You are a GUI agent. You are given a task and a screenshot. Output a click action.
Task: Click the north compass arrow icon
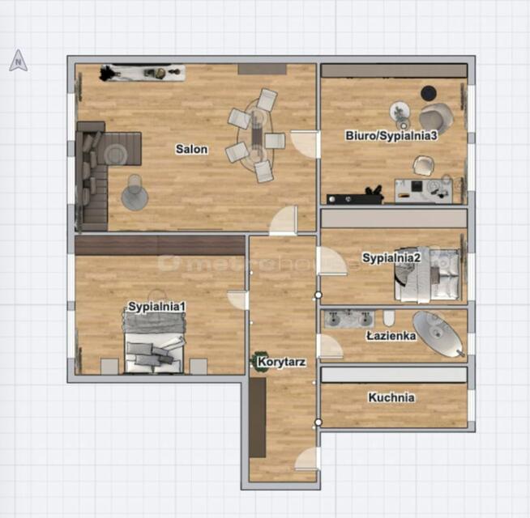pyautogui.click(x=19, y=61)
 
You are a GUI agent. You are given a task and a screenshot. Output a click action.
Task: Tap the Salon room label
pyautogui.click(x=191, y=149)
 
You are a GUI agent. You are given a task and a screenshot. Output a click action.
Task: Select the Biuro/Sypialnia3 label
pyautogui.click(x=391, y=135)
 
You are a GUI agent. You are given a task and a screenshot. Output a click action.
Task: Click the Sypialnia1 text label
pyautogui.click(x=157, y=307)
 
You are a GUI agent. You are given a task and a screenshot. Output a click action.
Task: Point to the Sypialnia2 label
pyautogui.click(x=391, y=257)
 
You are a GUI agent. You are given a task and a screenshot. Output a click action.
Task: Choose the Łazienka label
pyautogui.click(x=391, y=336)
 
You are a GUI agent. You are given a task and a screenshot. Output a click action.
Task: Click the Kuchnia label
pyautogui.click(x=391, y=397)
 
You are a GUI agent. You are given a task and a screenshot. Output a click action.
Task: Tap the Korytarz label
pyautogui.click(x=281, y=362)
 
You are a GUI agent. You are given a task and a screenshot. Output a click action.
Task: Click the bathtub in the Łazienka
pyautogui.click(x=438, y=333)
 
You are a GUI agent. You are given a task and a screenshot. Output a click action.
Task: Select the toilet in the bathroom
pyautogui.click(x=389, y=318)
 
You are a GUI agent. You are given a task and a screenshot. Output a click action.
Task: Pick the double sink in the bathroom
pyautogui.click(x=348, y=319)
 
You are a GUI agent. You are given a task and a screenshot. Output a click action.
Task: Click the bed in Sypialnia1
pyautogui.click(x=154, y=342)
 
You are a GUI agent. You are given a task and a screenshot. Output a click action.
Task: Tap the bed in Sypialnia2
pyautogui.click(x=427, y=274)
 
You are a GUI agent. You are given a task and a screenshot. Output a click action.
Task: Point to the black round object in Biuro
pyautogui.click(x=428, y=93)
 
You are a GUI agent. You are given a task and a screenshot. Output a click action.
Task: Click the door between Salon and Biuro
pyautogui.click(x=305, y=144)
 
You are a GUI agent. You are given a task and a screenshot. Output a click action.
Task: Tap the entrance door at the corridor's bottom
pyautogui.click(x=307, y=459)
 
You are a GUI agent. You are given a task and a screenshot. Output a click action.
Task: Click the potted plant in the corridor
pyautogui.click(x=259, y=362)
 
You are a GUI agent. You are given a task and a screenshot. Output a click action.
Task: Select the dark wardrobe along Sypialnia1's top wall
pyautogui.click(x=160, y=245)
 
